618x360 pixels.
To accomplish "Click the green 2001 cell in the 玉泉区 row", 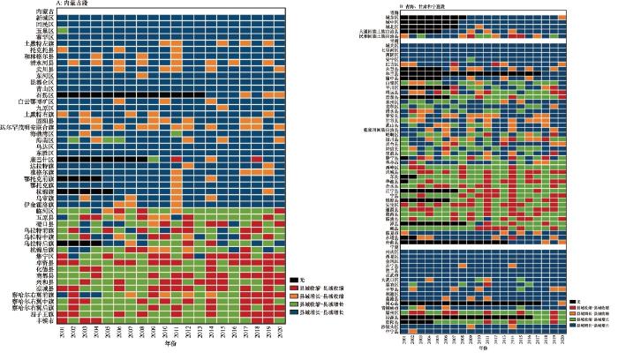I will [61, 32].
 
